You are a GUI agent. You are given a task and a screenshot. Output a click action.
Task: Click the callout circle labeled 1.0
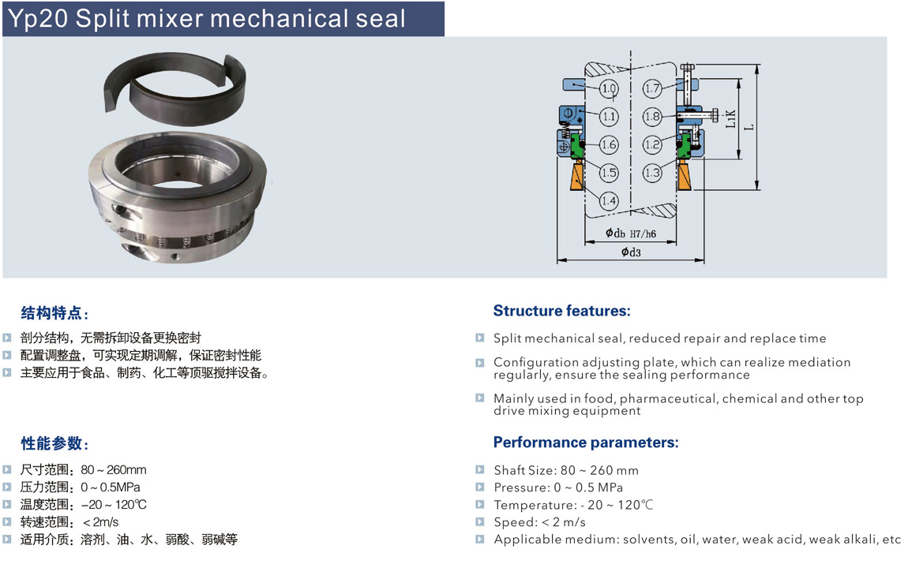609,89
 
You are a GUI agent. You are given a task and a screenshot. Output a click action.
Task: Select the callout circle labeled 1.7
653,88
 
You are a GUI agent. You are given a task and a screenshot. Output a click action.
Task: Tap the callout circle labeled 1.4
609,201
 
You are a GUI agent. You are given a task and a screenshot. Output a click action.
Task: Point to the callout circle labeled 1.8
653,117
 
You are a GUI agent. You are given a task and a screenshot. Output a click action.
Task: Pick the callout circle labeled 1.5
609,173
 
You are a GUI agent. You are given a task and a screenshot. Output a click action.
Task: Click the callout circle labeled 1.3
653,173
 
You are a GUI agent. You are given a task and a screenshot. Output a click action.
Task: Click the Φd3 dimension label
631,252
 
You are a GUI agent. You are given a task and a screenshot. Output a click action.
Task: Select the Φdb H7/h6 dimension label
631,233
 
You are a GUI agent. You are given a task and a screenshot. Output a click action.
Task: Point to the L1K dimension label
731,118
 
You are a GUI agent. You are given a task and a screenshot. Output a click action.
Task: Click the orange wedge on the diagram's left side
577,177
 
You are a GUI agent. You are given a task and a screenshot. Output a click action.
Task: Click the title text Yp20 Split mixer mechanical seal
207,19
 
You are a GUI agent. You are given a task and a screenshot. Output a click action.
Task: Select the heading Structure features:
561,311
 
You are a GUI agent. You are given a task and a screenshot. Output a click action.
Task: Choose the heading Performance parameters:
586,443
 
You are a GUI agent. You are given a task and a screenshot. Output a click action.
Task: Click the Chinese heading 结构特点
51,313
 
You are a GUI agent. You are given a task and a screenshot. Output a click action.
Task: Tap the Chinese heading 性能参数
51,443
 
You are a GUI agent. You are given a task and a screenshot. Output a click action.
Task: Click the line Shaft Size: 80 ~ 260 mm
566,470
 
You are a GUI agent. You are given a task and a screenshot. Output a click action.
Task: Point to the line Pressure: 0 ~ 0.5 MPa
558,487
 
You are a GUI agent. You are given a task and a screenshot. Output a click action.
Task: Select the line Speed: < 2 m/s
540,522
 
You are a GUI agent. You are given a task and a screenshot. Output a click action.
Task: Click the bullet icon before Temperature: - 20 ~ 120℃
479,504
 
